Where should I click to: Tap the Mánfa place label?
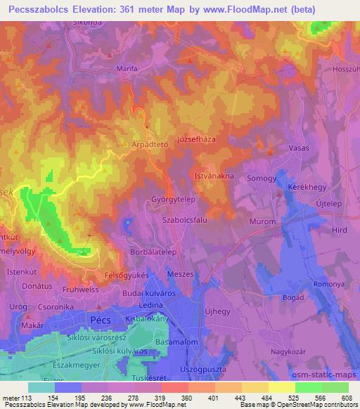[126, 68]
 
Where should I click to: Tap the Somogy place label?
[262, 179]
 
